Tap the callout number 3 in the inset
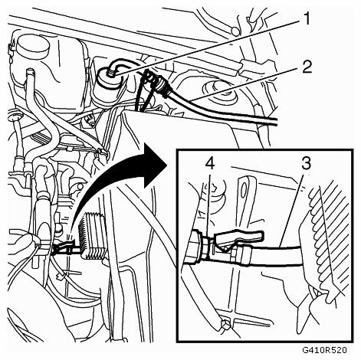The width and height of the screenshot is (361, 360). (x=305, y=163)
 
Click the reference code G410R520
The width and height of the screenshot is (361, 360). (x=324, y=349)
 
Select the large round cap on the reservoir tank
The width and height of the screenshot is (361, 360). (x=32, y=47)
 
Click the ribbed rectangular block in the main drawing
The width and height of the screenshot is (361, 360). (x=93, y=235)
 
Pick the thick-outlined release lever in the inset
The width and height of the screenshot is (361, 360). (x=238, y=237)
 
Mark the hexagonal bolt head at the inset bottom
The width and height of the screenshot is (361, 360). (x=225, y=323)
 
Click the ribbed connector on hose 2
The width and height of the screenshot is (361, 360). (x=163, y=85)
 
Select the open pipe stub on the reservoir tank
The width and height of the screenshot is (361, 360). (x=29, y=74)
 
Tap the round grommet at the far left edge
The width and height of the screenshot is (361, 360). (x=15, y=117)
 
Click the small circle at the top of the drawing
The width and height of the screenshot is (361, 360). (x=235, y=31)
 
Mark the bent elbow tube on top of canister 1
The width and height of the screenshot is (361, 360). (x=117, y=65)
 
